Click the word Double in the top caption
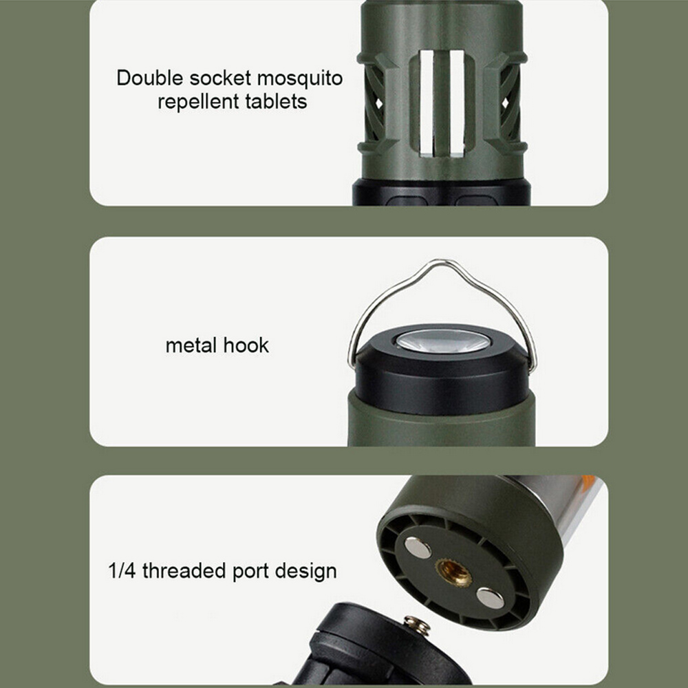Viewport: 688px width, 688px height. pyautogui.click(x=149, y=78)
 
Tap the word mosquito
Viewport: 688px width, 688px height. pyautogui.click(x=300, y=79)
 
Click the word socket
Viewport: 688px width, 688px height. pyautogui.click(x=220, y=78)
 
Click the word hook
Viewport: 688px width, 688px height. pyautogui.click(x=246, y=345)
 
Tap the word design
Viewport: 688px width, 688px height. pyautogui.click(x=306, y=572)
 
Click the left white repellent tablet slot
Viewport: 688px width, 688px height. pyautogui.click(x=427, y=103)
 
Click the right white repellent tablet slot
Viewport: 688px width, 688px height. pyautogui.click(x=457, y=103)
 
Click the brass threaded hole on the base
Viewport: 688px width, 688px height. pyautogui.click(x=453, y=572)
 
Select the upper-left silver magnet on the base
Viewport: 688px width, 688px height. pyautogui.click(x=418, y=548)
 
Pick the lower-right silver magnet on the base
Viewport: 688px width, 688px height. pyautogui.click(x=491, y=598)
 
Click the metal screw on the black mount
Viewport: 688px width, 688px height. pyautogui.click(x=417, y=625)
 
